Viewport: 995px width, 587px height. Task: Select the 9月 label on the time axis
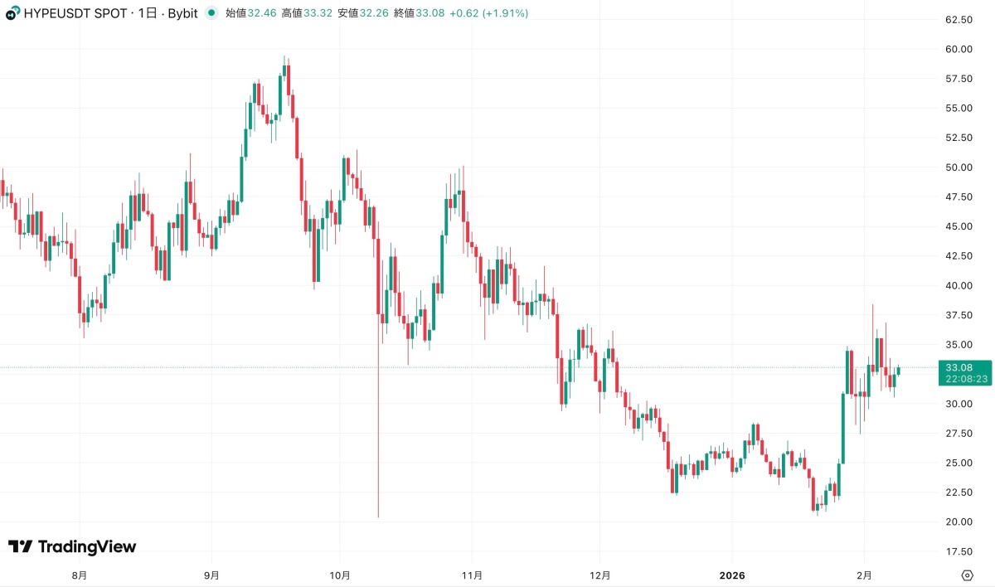tap(211, 575)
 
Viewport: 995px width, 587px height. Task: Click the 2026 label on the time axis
tap(732, 575)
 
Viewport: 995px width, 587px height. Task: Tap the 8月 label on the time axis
tap(80, 575)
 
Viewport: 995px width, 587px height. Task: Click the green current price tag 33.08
tap(959, 366)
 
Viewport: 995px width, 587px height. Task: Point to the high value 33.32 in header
tap(318, 13)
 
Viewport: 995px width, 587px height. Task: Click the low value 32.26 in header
tap(375, 13)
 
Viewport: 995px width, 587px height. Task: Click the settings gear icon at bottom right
tap(967, 575)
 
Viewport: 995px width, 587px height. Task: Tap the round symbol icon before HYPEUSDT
tap(12, 14)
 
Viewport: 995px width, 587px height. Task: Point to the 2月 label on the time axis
tap(863, 575)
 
